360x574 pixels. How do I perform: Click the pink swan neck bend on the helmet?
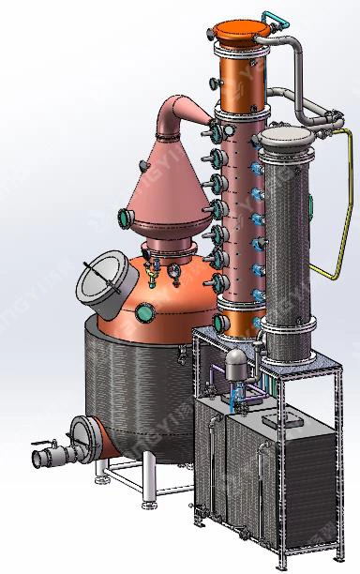pos(179,113)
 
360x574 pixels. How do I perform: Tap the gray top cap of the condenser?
pos(285,141)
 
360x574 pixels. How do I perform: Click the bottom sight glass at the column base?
pos(221,324)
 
